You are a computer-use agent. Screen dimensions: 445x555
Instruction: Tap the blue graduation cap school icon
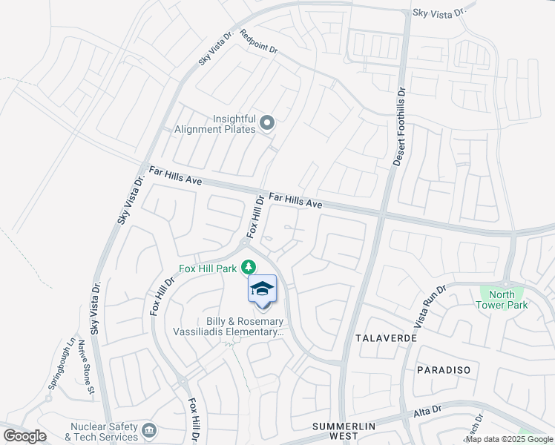coord(262,289)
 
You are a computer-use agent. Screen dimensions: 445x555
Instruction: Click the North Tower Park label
coord(502,300)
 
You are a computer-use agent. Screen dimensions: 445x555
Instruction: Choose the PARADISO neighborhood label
coord(444,369)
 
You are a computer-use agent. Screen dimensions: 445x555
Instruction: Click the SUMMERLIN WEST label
coord(342,432)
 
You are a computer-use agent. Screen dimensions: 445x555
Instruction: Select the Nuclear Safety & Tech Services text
coord(104,432)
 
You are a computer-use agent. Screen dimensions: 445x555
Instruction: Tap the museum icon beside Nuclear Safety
coord(149,431)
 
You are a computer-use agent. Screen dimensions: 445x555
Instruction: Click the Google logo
coord(24,436)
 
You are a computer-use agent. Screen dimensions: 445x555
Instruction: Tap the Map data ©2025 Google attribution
coord(509,439)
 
